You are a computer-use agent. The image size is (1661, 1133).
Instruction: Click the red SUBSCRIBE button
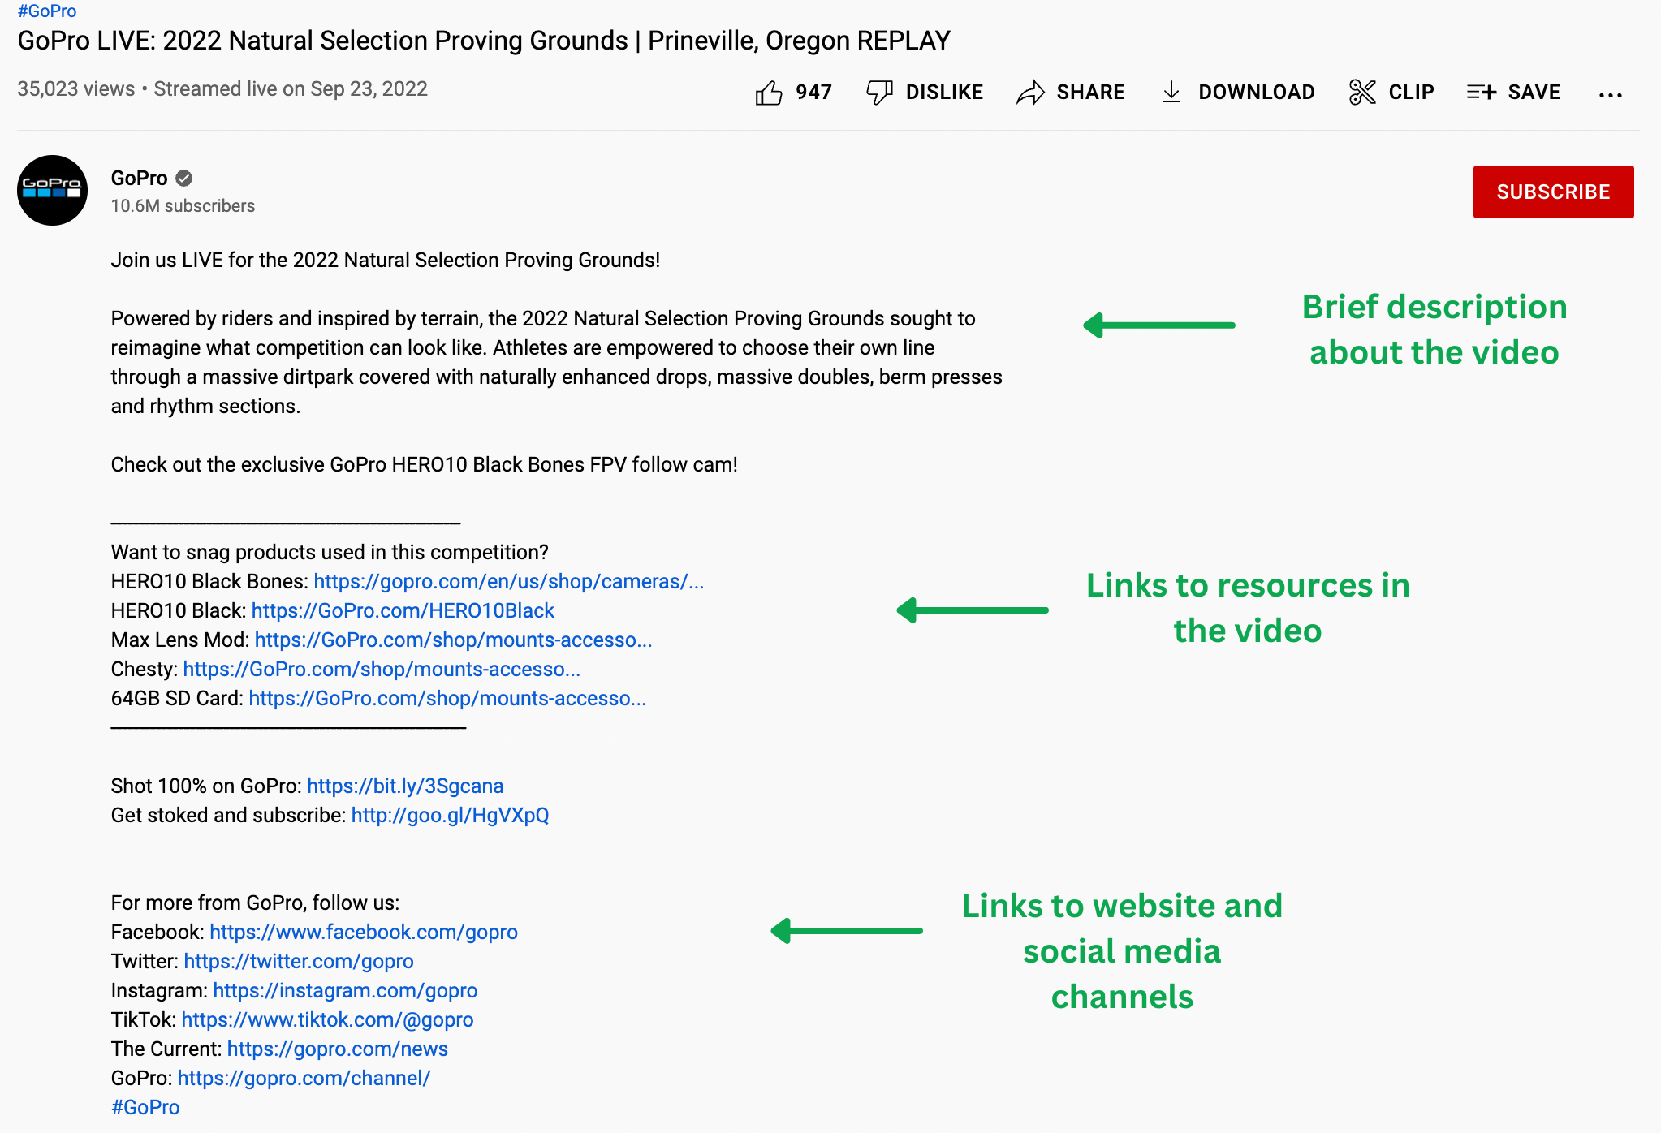point(1552,192)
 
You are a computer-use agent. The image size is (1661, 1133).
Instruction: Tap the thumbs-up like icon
point(768,93)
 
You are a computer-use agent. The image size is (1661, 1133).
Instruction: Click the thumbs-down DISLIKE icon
point(879,93)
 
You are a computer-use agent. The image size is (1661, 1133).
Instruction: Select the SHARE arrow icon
point(1030,93)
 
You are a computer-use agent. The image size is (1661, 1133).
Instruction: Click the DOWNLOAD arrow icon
point(1171,93)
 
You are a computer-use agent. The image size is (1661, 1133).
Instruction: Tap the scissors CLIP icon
point(1361,93)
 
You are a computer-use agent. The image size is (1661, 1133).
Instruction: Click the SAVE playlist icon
point(1481,93)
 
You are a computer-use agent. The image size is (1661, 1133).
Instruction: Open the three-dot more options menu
point(1610,95)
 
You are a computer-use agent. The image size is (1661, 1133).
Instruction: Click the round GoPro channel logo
point(53,190)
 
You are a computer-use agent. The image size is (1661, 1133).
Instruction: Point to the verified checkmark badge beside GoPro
point(184,178)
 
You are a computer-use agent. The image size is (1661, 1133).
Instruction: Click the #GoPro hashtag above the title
point(47,11)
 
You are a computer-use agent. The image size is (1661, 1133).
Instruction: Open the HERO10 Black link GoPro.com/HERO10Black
point(403,610)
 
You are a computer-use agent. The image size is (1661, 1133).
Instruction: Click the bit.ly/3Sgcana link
point(405,786)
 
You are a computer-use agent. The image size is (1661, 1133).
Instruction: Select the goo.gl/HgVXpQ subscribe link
point(450,815)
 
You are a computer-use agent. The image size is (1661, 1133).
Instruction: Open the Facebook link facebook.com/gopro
point(364,932)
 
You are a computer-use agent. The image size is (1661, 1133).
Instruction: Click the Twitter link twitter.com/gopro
point(299,961)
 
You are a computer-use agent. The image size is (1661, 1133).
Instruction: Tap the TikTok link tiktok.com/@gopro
point(327,1019)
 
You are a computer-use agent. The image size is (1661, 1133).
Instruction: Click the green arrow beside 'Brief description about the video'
point(1158,325)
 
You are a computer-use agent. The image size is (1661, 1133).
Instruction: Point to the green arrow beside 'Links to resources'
point(972,610)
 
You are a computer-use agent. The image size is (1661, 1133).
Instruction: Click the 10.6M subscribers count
point(183,206)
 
